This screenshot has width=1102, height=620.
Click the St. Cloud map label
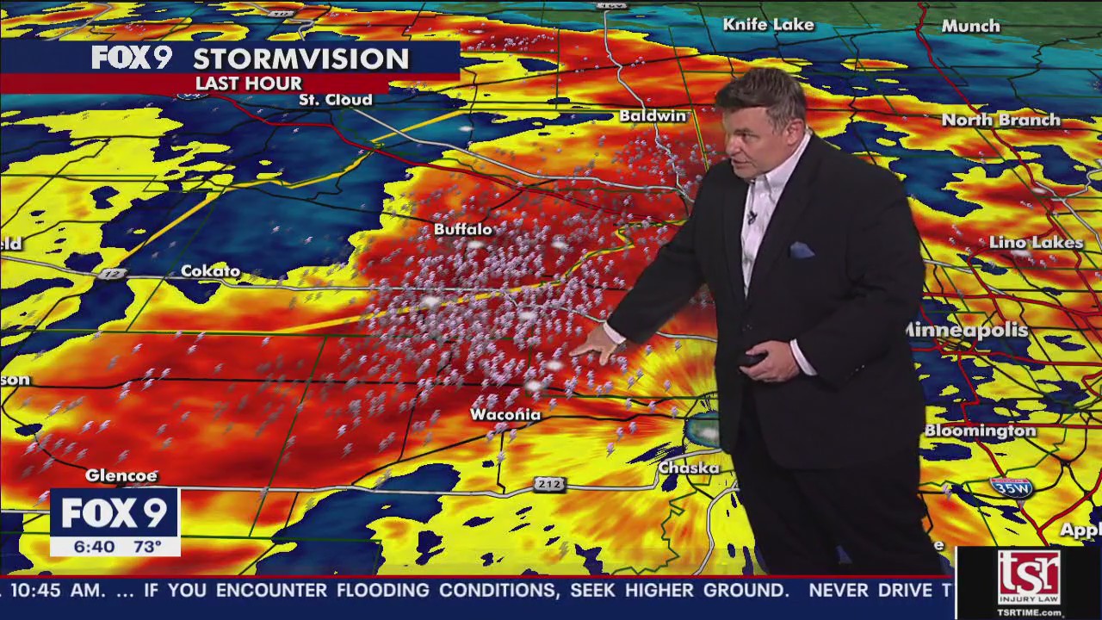point(336,100)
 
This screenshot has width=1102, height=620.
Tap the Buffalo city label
point(463,229)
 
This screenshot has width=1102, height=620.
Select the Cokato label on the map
point(211,271)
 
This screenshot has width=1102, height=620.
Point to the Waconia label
point(505,415)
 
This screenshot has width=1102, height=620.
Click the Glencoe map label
point(121,475)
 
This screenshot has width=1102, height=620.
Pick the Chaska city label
point(689,468)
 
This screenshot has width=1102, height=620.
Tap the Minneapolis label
point(968,331)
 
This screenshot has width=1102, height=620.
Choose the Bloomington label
point(981,431)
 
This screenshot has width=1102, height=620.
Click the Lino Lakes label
point(1036,243)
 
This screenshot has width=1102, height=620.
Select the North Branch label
point(1000,120)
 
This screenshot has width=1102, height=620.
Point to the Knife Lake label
point(768,25)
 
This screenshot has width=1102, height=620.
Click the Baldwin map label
point(653,115)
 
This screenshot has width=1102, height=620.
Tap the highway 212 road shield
point(548,484)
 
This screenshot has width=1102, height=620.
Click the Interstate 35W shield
point(1011,487)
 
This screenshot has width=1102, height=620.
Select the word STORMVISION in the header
point(300,59)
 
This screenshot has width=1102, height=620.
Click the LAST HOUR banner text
point(249,84)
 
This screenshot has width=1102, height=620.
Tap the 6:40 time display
point(93,547)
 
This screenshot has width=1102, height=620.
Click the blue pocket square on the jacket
point(802,250)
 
